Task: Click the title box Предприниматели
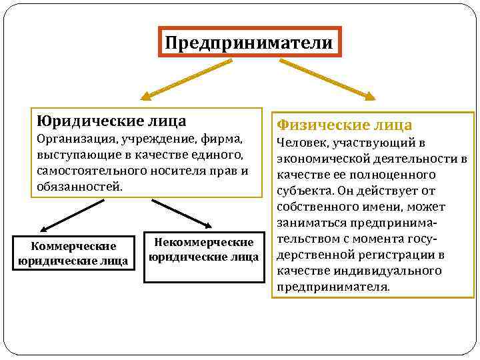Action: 249,43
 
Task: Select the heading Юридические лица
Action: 112,121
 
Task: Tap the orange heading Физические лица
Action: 345,125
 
